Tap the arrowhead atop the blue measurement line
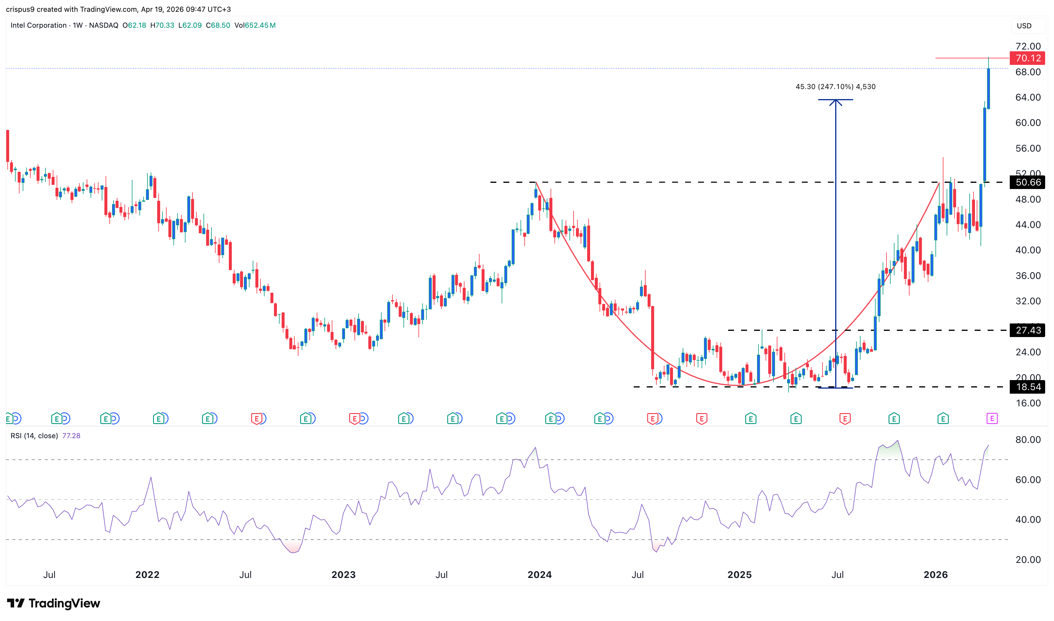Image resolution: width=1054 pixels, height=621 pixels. tap(835, 101)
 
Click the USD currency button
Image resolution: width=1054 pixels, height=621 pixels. tap(1024, 26)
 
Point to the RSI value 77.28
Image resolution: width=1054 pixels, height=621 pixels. tap(71, 436)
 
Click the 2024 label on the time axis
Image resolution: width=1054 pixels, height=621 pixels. tap(539, 574)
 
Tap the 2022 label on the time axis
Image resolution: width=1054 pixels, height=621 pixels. tap(147, 574)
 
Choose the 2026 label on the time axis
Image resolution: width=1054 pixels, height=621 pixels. tap(935, 574)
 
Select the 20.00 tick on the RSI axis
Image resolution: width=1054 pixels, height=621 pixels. tap(1028, 559)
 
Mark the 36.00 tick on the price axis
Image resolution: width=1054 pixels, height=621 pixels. tap(1028, 276)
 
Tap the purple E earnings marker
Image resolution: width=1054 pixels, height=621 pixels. tap(992, 418)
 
